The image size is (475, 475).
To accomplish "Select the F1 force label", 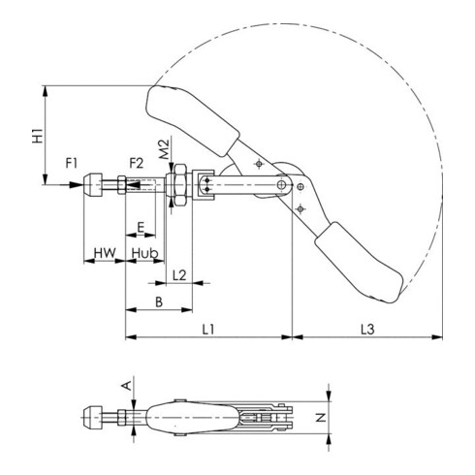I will point(72,161).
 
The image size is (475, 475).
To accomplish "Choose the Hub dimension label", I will point(144,253).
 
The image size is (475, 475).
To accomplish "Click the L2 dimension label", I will point(179,276).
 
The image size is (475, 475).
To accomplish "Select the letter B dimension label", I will point(158,303).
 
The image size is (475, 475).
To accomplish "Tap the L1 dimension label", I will point(207,330).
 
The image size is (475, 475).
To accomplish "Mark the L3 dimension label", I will point(367,330).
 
